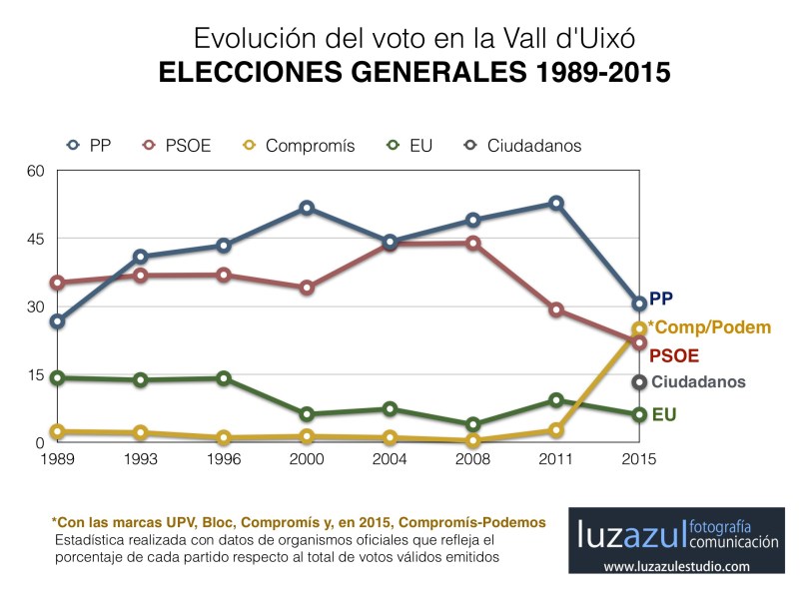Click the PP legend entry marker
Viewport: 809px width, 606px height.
pos(73,146)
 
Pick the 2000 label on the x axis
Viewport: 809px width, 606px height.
pos(307,459)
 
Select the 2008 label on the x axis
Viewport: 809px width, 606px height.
pos(472,459)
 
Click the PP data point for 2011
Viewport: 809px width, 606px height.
pos(556,204)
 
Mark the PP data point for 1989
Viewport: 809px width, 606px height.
pos(58,321)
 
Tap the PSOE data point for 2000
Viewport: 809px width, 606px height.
pos(307,288)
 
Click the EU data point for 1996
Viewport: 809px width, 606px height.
pos(224,378)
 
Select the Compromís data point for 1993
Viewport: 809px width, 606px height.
pos(141,433)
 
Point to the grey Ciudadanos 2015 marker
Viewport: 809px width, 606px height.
pos(639,382)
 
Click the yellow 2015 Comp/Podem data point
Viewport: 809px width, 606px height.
pos(639,329)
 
